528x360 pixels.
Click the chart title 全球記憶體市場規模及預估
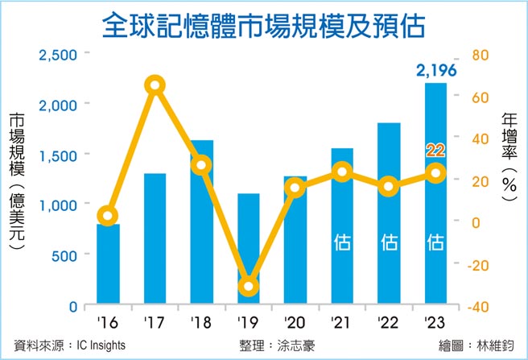(x=263, y=26)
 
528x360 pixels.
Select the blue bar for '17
(x=155, y=242)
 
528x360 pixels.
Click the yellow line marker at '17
(x=155, y=85)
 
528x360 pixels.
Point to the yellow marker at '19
(x=249, y=287)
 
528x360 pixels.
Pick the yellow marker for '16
(x=109, y=215)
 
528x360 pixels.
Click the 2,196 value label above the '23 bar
(x=435, y=72)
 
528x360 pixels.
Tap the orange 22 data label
(x=435, y=150)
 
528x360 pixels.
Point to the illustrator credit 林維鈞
(x=497, y=346)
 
